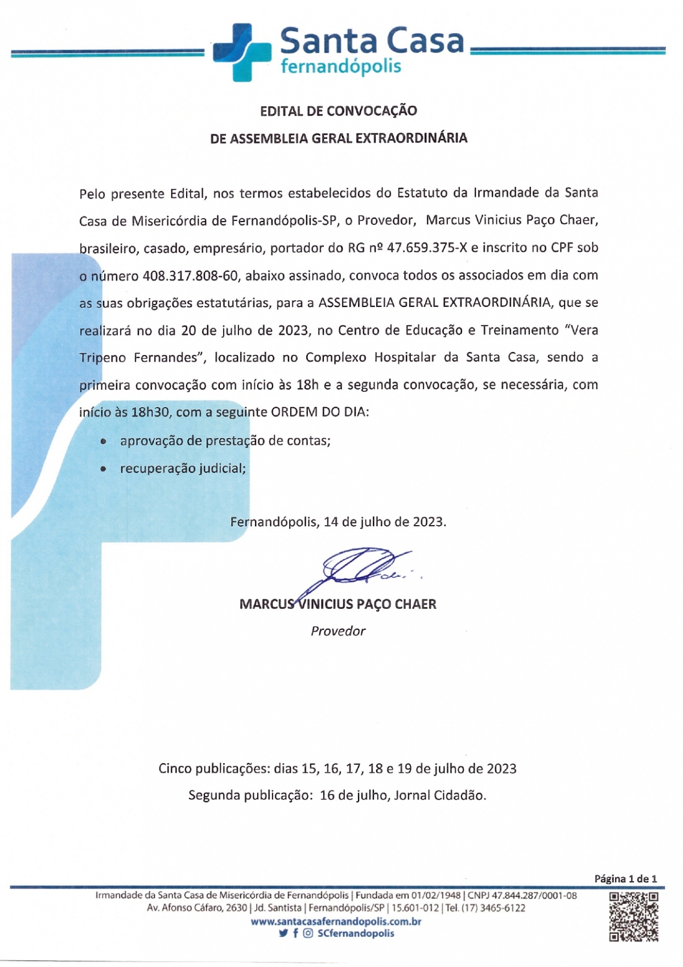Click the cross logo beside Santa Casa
[241, 51]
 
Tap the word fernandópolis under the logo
[341, 66]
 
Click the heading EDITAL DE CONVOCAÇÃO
[339, 110]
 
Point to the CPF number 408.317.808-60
[190, 276]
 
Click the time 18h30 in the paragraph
[150, 412]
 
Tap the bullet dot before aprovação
[103, 441]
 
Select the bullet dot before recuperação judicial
[103, 469]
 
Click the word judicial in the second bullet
[223, 469]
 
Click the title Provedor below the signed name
[338, 631]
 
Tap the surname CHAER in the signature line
[415, 604]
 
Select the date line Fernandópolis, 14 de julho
[338, 522]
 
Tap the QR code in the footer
[633, 916]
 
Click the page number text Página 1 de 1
[626, 879]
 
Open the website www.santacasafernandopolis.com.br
[336, 921]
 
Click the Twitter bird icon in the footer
[283, 933]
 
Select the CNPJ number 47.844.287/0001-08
[534, 896]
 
